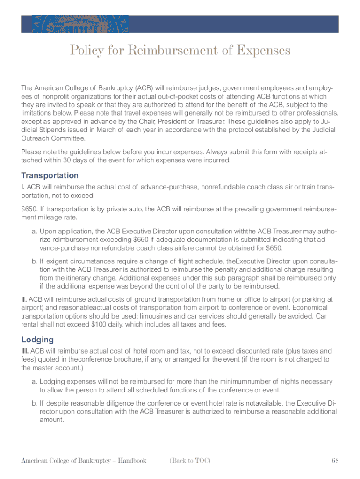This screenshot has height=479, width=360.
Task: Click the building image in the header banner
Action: tap(80, 24)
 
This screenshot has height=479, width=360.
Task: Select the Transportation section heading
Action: tap(50, 175)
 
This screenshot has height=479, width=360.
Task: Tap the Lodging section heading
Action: tap(37, 340)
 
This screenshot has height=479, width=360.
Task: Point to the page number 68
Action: tap(335, 460)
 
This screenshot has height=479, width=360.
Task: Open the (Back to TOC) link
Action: tap(190, 460)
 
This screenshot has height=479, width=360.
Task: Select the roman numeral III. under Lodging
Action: tap(25, 351)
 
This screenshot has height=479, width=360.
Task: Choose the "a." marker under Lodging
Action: tap(35, 382)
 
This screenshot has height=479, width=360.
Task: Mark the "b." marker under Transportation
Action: tap(35, 261)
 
